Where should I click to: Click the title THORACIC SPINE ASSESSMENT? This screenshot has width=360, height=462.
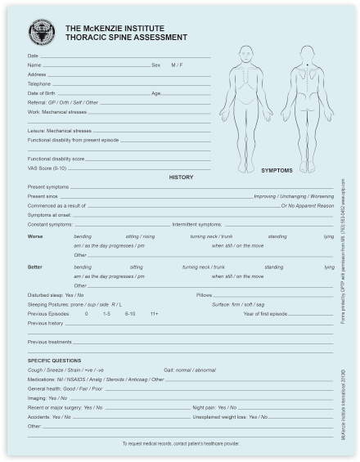pyautogui.click(x=115, y=38)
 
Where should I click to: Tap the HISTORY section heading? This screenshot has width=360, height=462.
pyautogui.click(x=181, y=177)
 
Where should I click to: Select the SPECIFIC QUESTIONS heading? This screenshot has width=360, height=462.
pyautogui.click(x=54, y=360)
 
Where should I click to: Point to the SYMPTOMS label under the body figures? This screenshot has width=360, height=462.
pyautogui.click(x=277, y=171)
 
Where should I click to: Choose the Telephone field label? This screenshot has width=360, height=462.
pyautogui.click(x=39, y=83)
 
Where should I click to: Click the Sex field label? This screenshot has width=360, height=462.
pyautogui.click(x=155, y=65)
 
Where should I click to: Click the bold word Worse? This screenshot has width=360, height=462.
pyautogui.click(x=35, y=236)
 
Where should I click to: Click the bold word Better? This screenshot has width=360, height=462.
pyautogui.click(x=35, y=267)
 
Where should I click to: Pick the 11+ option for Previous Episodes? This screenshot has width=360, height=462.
pyautogui.click(x=154, y=313)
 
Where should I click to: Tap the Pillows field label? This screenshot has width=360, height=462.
pyautogui.click(x=205, y=294)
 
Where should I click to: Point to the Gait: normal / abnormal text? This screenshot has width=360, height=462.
pyautogui.click(x=190, y=370)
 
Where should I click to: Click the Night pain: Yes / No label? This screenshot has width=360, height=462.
pyautogui.click(x=214, y=406)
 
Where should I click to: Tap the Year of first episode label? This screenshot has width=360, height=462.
pyautogui.click(x=266, y=313)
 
